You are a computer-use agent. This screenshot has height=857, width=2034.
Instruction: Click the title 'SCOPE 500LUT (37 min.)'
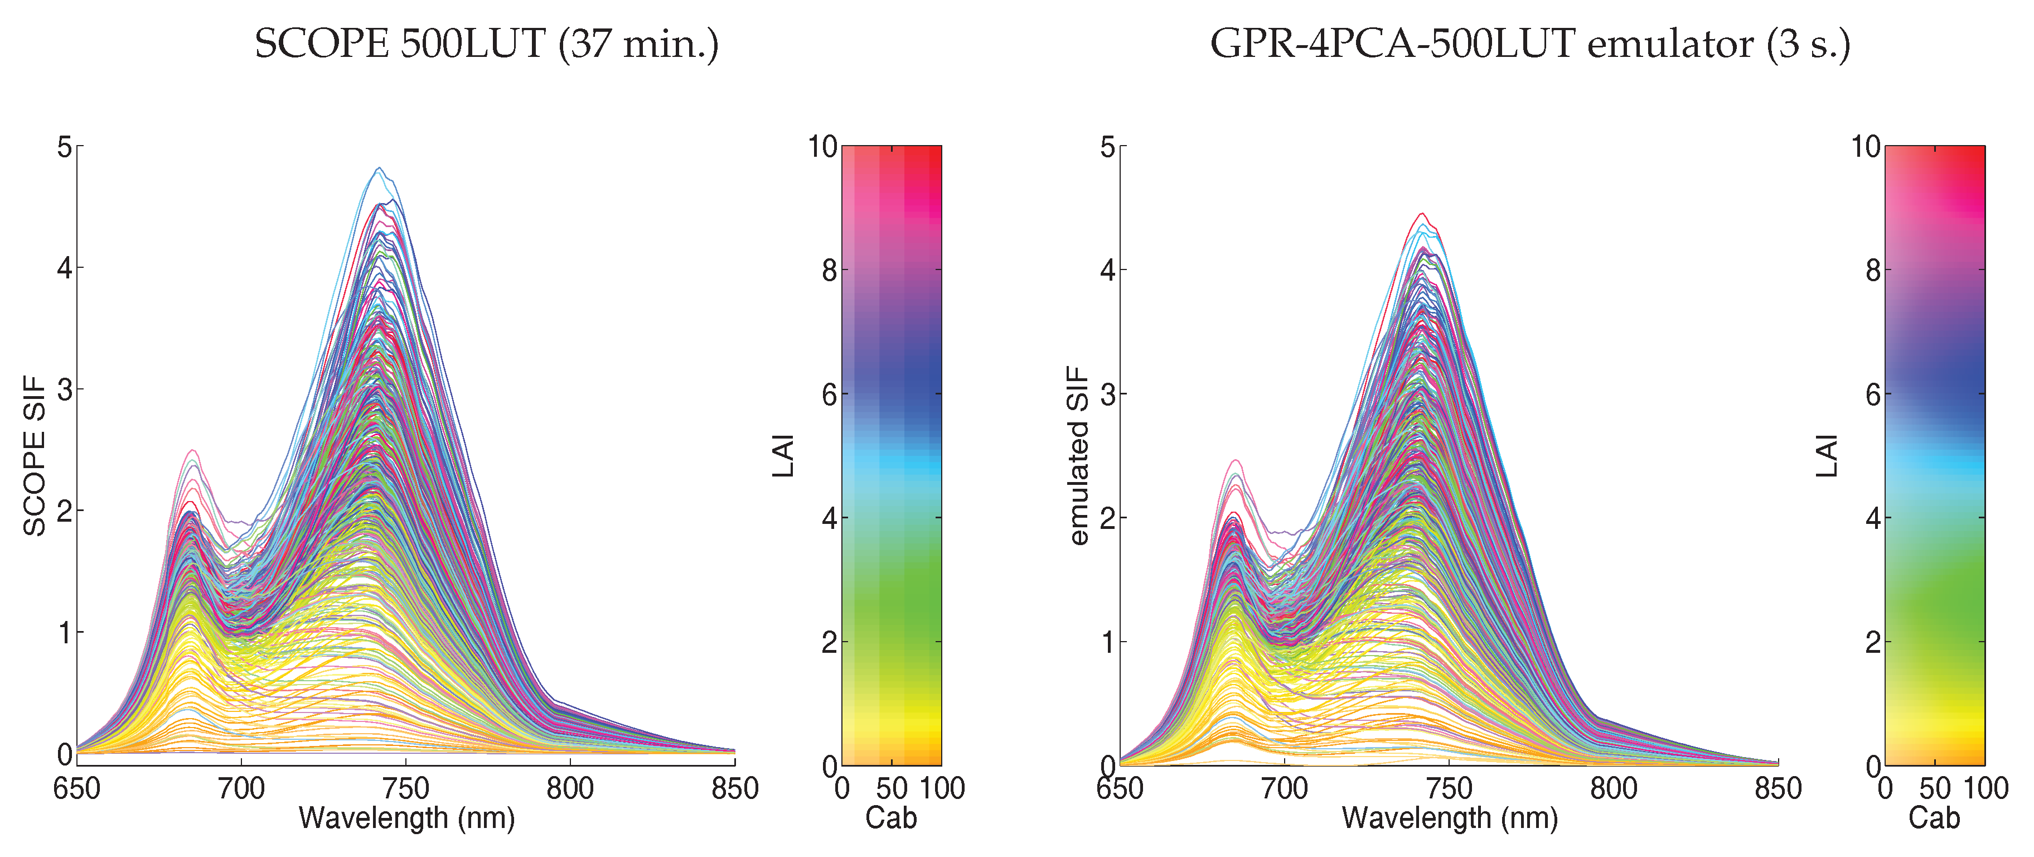point(486,44)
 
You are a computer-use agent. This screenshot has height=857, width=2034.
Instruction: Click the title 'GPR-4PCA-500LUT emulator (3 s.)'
point(1529,44)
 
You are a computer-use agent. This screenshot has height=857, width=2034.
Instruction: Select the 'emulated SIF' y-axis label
point(1078,456)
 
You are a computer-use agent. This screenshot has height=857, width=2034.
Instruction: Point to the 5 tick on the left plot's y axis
point(64,147)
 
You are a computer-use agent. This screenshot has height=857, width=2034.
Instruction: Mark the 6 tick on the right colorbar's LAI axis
point(1873,394)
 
